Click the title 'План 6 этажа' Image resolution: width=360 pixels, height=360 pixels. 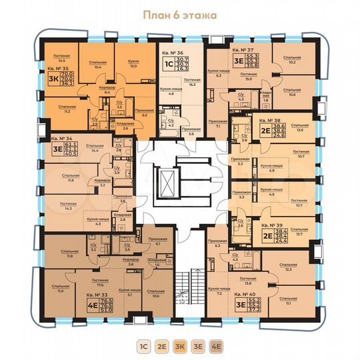(x=179, y=13)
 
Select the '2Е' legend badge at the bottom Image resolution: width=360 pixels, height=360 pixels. (x=161, y=346)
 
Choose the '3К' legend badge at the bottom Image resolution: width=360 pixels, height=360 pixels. (x=179, y=346)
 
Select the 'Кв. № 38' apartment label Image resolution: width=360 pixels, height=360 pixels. (x=272, y=121)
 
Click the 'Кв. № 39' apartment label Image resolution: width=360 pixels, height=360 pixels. (x=272, y=226)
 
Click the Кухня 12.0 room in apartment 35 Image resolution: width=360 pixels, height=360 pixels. (x=133, y=63)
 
